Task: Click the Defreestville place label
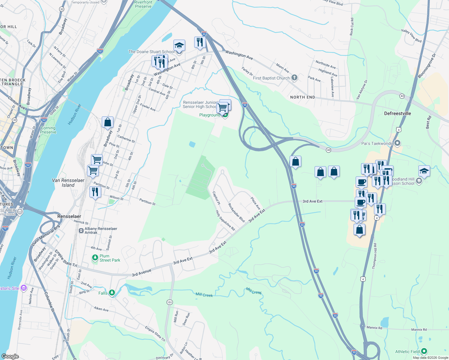click(x=397, y=113)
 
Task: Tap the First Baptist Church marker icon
click(x=294, y=78)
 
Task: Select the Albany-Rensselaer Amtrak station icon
click(x=81, y=230)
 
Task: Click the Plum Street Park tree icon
click(x=95, y=258)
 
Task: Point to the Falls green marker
click(x=112, y=292)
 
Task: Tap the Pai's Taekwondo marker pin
click(x=397, y=143)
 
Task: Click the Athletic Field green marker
click(x=424, y=351)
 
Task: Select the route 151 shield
click(x=170, y=302)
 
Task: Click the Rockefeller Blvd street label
click(x=237, y=213)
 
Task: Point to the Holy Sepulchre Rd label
click(x=225, y=220)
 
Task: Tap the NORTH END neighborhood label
click(x=303, y=97)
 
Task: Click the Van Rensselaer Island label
click(x=68, y=183)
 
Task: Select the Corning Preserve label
click(x=48, y=130)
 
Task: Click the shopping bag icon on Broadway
click(x=107, y=122)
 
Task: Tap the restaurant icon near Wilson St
click(x=95, y=192)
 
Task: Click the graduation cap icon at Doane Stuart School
click(x=179, y=46)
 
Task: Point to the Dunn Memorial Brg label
click(x=46, y=236)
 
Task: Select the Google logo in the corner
click(x=10, y=356)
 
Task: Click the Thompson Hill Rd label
click(x=375, y=256)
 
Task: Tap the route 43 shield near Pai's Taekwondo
click(x=328, y=150)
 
